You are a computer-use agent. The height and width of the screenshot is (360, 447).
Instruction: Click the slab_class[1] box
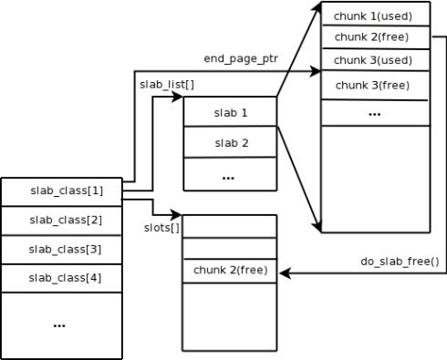coord(60,190)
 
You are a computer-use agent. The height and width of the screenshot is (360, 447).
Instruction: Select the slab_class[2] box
coord(60,220)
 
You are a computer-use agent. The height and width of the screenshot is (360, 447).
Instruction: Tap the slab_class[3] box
coord(60,248)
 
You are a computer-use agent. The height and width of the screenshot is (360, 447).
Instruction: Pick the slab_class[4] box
coord(60,276)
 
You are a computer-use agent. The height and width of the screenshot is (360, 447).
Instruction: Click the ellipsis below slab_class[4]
coord(60,324)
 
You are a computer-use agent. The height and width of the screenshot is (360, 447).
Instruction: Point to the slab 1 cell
coord(230,113)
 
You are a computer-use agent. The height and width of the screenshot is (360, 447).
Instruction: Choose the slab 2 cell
coord(230,143)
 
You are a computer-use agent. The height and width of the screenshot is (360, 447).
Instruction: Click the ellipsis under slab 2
coord(229,176)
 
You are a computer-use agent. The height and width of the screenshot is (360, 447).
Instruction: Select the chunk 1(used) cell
coord(374,15)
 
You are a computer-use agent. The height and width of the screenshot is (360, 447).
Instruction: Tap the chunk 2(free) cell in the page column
coord(374,37)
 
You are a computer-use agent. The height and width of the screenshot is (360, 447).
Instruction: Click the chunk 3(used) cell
coord(374,60)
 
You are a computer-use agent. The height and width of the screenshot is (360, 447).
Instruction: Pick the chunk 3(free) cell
coord(374,85)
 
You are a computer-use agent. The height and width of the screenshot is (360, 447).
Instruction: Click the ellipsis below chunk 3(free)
coord(374,113)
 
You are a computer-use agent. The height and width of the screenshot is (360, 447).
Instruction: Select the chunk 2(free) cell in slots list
coord(229,271)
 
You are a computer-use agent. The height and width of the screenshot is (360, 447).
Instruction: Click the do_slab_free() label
coord(399,262)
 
